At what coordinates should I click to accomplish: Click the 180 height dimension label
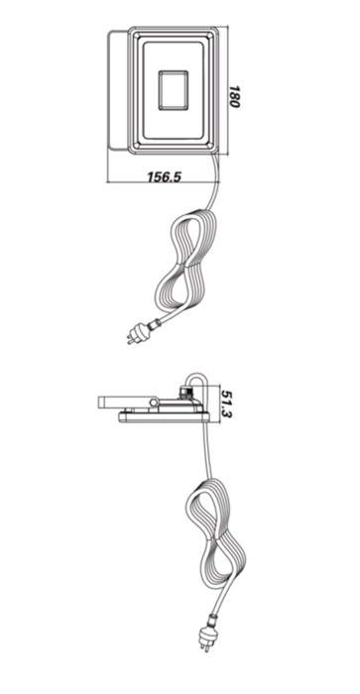point(233,96)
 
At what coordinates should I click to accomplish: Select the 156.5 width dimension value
point(165,176)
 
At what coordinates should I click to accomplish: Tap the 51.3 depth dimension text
point(227,404)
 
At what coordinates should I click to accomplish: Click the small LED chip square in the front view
point(174,90)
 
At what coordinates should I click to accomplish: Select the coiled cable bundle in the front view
point(186,261)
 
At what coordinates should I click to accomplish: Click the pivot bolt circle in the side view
point(154,402)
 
